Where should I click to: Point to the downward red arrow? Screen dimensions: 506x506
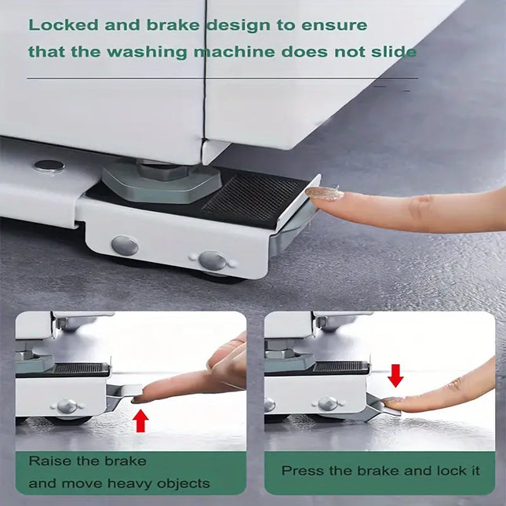point(395,375)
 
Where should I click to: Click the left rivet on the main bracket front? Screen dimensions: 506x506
point(125,246)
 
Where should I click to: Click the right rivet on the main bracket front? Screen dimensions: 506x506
point(212,260)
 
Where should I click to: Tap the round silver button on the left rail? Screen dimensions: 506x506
point(49,166)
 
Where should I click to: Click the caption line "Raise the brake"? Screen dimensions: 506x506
point(87,460)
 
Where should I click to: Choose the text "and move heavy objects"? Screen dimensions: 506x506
point(118,483)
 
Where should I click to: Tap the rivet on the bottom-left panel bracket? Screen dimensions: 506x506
point(67,406)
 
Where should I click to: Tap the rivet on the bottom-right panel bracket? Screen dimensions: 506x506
point(328,403)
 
